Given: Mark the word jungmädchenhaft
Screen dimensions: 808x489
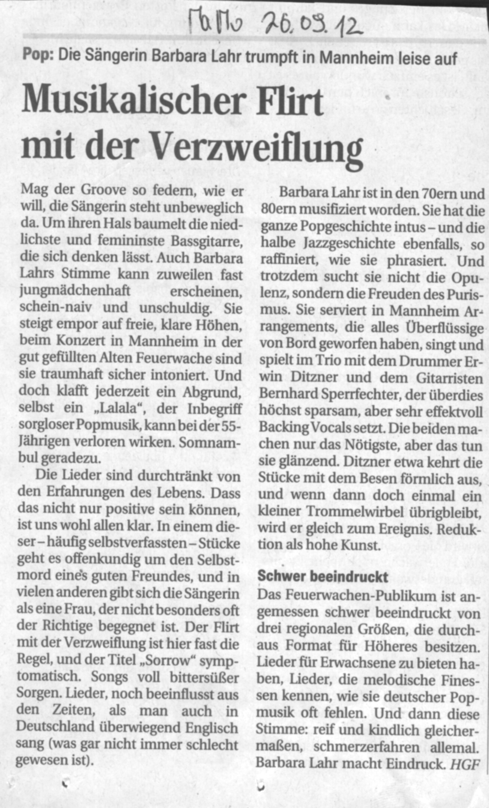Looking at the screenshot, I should click(x=75, y=291).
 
